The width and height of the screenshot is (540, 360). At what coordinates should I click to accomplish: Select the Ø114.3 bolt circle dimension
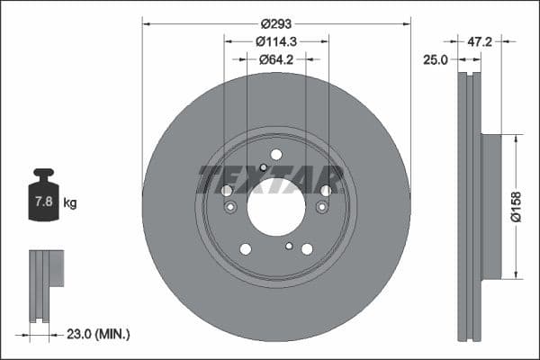[276, 41]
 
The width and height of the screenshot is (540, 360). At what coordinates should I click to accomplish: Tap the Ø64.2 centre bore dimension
[276, 59]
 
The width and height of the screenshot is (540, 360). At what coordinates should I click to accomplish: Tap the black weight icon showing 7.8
[43, 193]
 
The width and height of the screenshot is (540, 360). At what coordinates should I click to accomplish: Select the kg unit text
[70, 203]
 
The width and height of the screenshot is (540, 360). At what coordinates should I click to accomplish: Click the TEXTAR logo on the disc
[270, 179]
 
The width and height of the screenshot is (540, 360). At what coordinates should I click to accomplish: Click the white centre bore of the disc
[276, 209]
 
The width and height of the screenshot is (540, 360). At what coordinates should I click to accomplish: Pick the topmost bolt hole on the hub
[276, 155]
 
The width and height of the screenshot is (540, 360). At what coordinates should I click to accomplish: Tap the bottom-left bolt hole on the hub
[245, 249]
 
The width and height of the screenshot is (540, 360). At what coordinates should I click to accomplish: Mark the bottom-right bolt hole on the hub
[307, 249]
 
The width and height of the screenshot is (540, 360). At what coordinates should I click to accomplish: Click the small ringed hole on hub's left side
[230, 208]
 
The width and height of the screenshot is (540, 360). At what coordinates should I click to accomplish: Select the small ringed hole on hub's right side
[322, 208]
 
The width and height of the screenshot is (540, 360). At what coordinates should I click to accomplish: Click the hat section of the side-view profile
[490, 206]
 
